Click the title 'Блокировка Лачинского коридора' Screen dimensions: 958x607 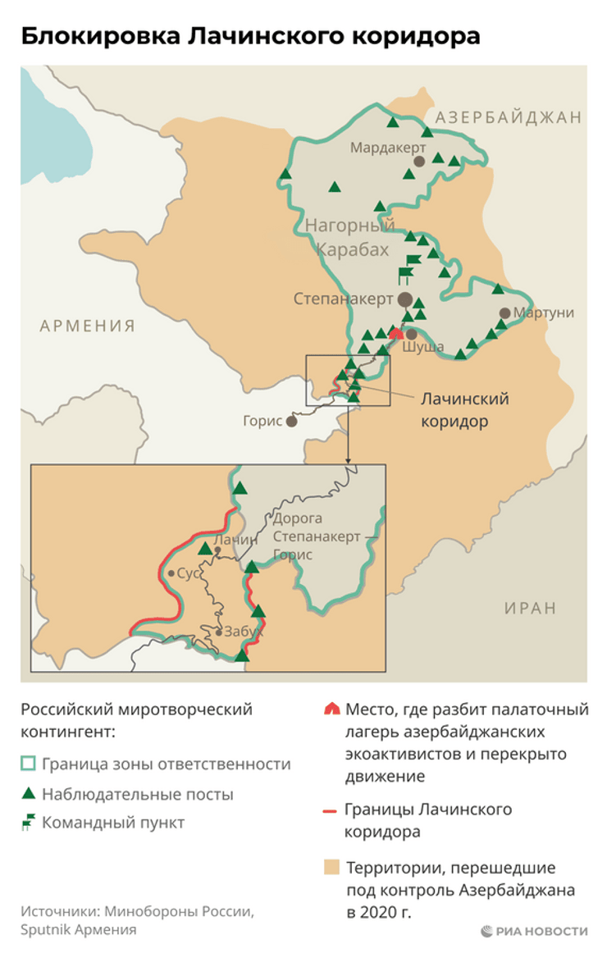(x=249, y=36)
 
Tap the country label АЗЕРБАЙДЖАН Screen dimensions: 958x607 (x=509, y=117)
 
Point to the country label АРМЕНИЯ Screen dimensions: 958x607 (x=88, y=326)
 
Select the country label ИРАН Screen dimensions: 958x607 (x=530, y=609)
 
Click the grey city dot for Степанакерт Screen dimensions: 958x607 (x=405, y=299)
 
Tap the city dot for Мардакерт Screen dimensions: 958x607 (x=419, y=162)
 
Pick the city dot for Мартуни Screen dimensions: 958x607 (x=505, y=313)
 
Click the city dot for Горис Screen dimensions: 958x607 (x=291, y=421)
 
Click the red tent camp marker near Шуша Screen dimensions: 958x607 (x=397, y=333)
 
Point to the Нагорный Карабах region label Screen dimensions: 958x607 (x=350, y=237)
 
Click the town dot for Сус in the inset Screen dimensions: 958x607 (x=171, y=573)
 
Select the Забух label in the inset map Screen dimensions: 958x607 (x=243, y=632)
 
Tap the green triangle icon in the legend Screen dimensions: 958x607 (x=28, y=793)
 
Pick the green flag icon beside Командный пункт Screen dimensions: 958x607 (x=28, y=823)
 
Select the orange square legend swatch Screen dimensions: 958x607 (x=330, y=867)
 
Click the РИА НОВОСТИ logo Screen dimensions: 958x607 (x=534, y=931)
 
